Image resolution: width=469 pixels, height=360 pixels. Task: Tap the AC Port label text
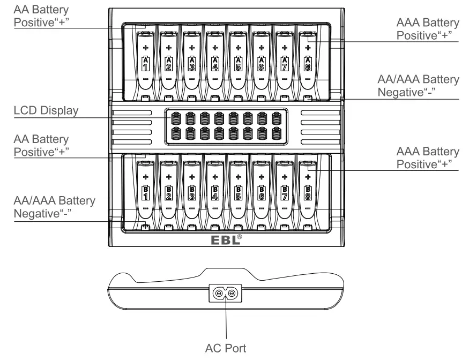[x=226, y=348]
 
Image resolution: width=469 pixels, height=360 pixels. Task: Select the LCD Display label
[x=46, y=111]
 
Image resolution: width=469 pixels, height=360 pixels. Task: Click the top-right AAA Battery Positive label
[x=427, y=29]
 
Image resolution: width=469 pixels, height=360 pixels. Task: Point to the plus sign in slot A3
[x=191, y=47]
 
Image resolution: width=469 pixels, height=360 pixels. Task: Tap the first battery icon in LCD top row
[x=175, y=117]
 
